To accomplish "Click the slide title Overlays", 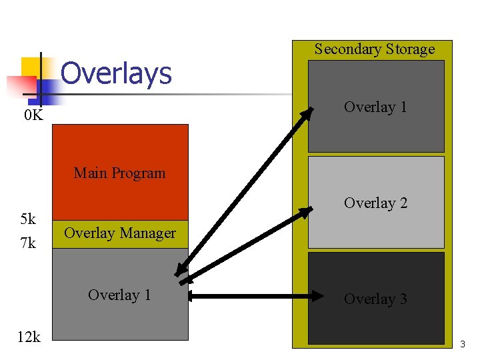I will [116, 73].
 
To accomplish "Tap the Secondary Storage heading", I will [374, 49].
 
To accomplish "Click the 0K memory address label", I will [33, 115].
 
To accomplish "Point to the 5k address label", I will [28, 219].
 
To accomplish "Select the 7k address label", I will [28, 243].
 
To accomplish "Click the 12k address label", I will [28, 337].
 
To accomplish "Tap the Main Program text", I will [119, 173].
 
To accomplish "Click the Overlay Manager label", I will [119, 233].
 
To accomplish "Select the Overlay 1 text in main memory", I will [119, 295].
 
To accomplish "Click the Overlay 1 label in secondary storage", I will [375, 107].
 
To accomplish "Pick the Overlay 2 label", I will [375, 203].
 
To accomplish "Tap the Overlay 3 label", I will [375, 299].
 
